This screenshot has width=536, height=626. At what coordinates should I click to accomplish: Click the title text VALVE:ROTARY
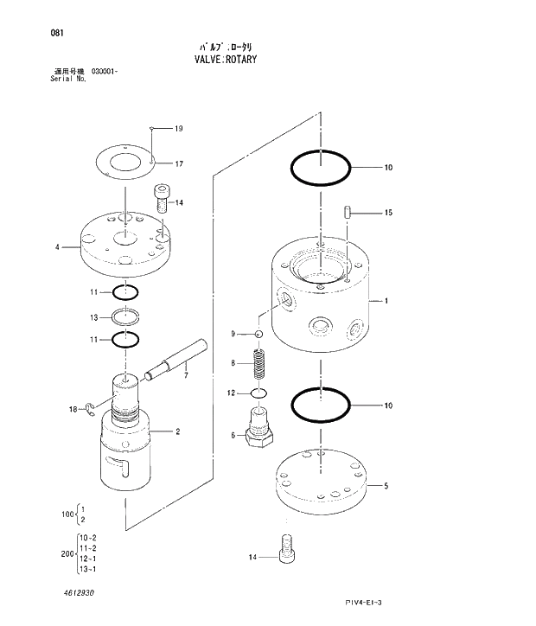coord(221,60)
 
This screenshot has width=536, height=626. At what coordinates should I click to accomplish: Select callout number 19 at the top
coord(179,129)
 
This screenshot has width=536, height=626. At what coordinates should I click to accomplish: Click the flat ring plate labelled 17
coord(126,162)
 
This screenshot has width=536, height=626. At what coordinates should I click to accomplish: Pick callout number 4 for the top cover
coord(57,247)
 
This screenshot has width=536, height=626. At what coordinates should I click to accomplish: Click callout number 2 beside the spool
coord(178,431)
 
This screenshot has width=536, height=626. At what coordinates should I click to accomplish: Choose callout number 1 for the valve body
coord(386,302)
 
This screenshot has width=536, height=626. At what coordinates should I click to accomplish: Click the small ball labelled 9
coord(258,334)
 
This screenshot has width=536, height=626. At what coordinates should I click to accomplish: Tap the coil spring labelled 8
coord(257,363)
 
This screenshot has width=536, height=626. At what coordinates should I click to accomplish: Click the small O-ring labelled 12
coord(258,393)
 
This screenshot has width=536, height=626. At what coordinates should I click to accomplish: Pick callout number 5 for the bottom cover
coord(386,486)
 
